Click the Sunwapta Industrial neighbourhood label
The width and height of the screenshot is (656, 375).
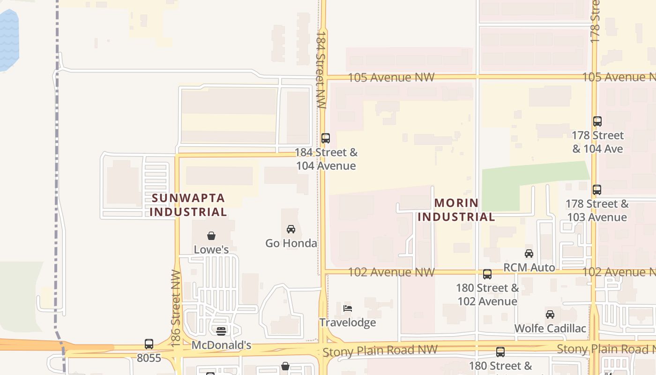coord(188,205)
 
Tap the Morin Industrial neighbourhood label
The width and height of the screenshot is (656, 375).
coord(456,210)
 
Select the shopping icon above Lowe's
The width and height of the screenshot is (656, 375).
coord(211,235)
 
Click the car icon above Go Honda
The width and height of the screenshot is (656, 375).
coord(291,229)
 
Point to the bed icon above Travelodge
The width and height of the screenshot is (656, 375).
coord(348,308)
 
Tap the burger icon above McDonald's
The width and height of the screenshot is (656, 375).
coord(221,331)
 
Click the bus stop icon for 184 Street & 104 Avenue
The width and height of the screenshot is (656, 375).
coord(326,138)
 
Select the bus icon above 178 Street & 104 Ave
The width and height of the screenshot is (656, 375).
coord(597,121)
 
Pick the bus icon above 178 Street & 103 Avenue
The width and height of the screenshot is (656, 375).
coord(597,190)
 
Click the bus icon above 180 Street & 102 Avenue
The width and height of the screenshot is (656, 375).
coord(487,274)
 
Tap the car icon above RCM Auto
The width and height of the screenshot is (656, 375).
coord(529,254)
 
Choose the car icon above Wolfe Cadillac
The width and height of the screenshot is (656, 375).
coord(550,315)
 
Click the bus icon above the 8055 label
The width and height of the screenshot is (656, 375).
coord(149,344)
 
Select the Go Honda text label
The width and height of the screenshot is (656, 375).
coord(291,243)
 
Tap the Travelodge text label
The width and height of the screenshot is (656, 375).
coord(348,322)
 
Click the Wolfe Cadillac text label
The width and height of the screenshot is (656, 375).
coord(550,328)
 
